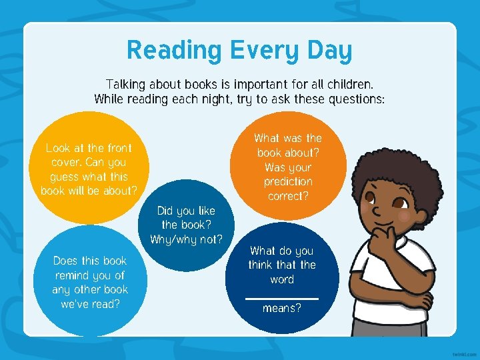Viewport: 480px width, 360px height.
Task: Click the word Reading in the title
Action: [175, 51]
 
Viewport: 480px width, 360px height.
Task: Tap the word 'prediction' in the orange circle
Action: [288, 181]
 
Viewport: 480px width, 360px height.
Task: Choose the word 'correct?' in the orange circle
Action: [288, 196]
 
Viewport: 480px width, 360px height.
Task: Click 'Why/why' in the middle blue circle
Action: [171, 239]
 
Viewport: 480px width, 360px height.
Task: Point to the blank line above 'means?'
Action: [281, 298]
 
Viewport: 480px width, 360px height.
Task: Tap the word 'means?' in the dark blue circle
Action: [281, 309]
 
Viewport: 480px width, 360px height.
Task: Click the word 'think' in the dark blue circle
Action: [261, 265]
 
